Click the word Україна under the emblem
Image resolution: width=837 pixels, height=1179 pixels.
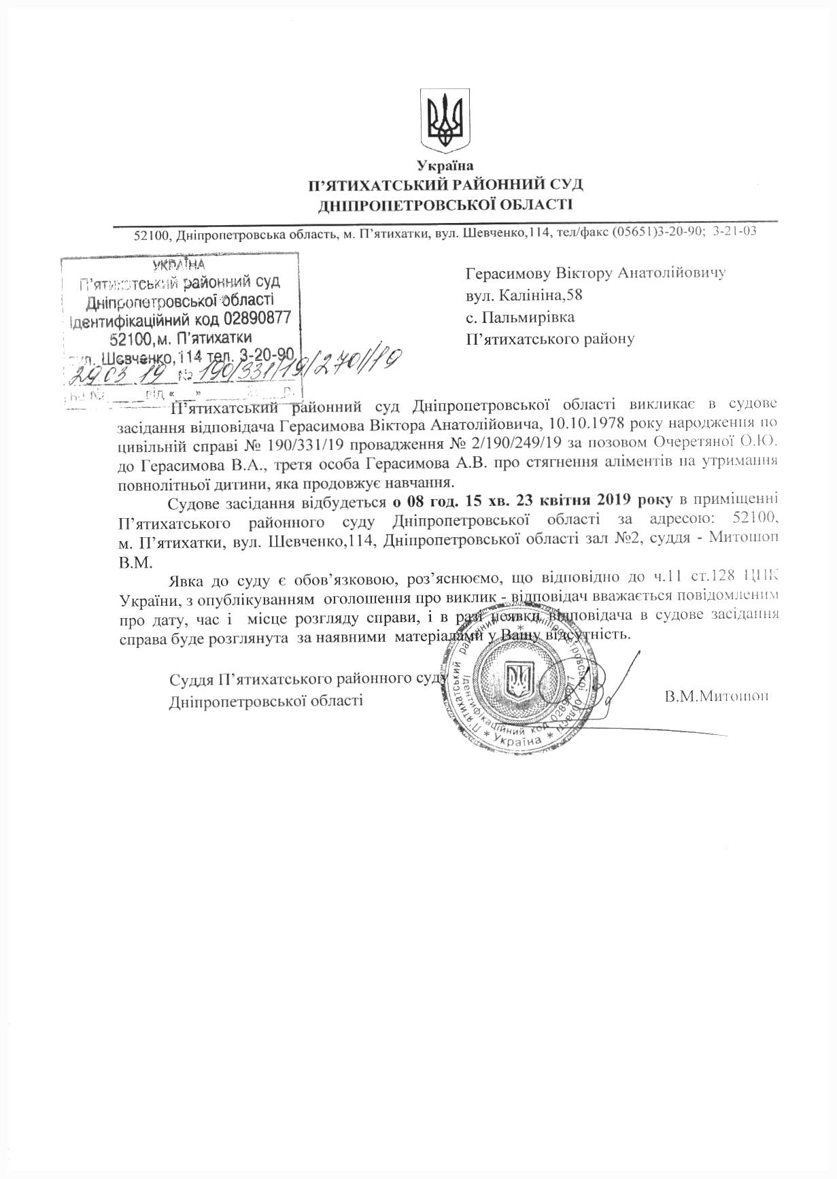tap(445, 165)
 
